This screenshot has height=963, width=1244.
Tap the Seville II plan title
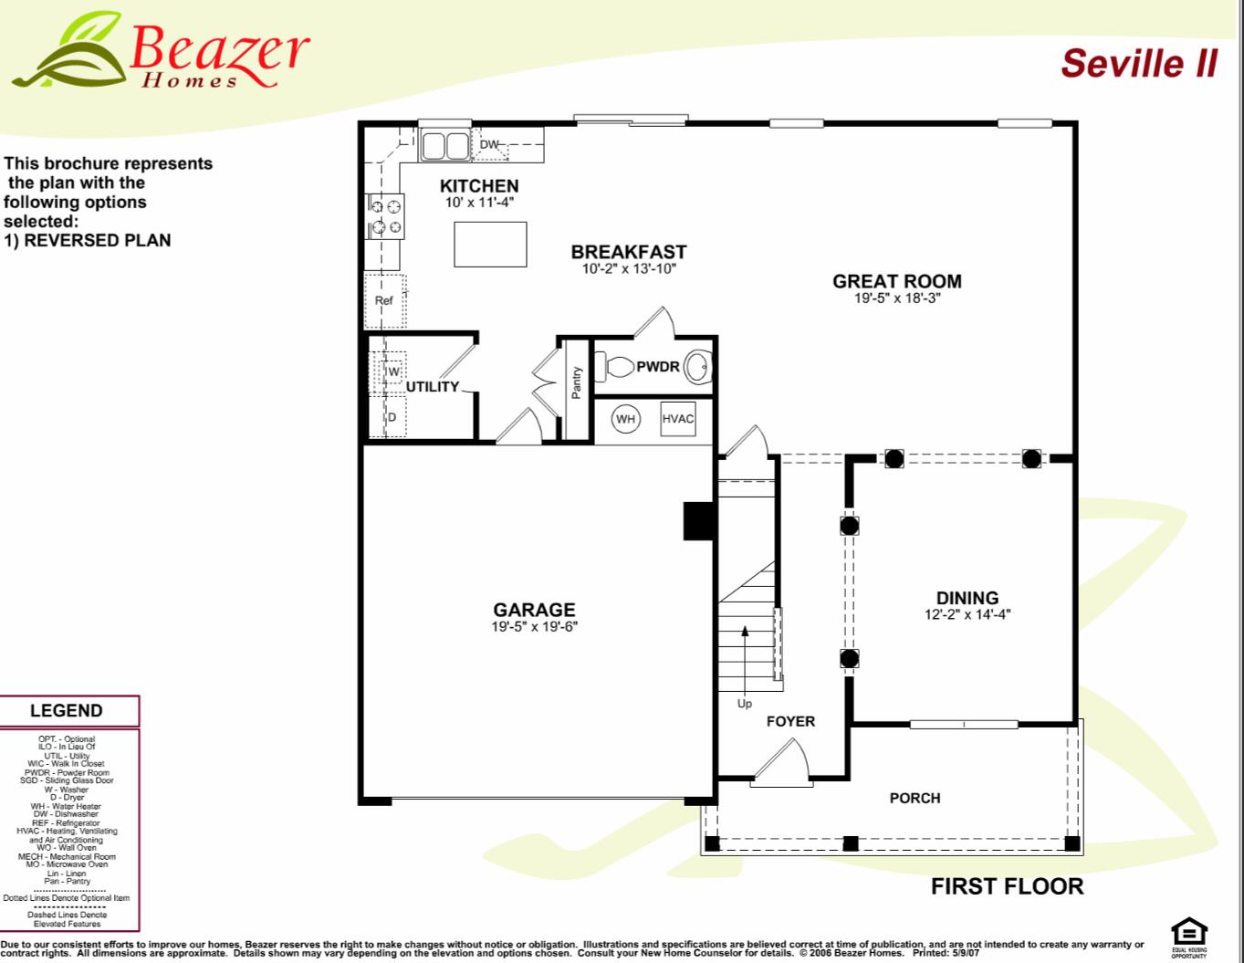(x=1138, y=63)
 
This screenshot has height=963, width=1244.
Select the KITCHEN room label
(x=478, y=186)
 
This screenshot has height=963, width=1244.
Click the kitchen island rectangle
(x=490, y=244)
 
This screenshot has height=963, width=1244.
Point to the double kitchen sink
(x=444, y=145)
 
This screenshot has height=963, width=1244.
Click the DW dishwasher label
(x=489, y=144)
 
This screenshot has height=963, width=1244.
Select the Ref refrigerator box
(x=384, y=300)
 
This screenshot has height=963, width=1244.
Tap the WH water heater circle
(x=625, y=419)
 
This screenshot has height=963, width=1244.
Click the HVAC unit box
(x=677, y=419)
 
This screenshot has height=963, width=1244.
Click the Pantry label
(x=576, y=383)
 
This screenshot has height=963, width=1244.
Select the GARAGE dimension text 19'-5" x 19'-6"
(x=534, y=627)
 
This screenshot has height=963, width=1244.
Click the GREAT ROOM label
(x=896, y=281)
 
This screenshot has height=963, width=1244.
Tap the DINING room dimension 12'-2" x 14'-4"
(x=967, y=615)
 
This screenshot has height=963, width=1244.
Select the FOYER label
(x=790, y=721)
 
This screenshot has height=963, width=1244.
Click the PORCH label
(x=915, y=798)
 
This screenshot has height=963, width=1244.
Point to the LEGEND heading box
(x=67, y=711)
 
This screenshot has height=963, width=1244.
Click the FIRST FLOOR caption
(x=1007, y=886)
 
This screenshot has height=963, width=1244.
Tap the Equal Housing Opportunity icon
(x=1188, y=935)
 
